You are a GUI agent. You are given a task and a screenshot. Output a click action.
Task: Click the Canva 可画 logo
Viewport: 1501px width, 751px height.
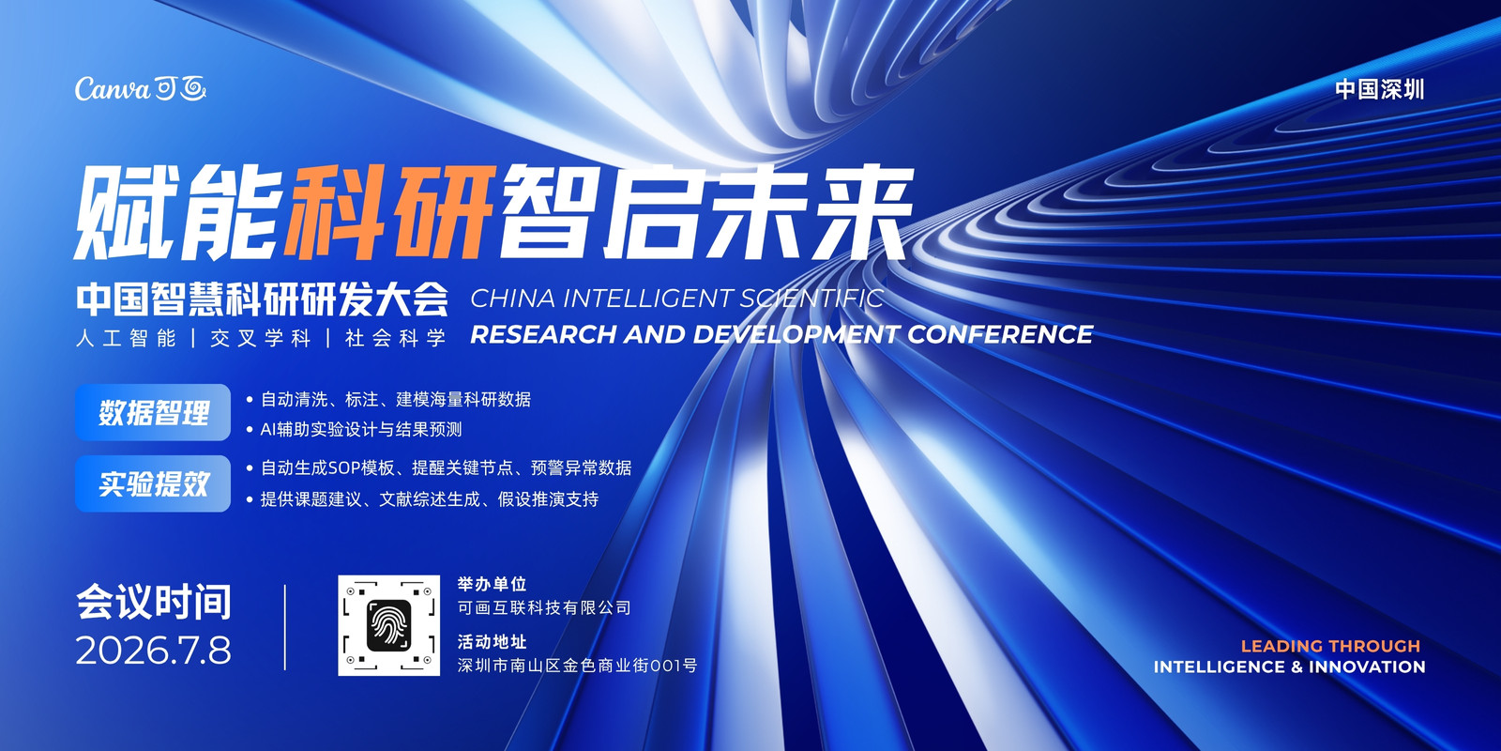click(140, 88)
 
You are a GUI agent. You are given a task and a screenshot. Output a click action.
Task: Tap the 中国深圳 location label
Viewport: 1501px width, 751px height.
click(1379, 89)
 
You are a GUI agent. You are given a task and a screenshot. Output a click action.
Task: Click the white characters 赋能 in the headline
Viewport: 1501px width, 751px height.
click(176, 212)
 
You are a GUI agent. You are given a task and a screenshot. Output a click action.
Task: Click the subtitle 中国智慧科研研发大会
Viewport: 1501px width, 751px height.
click(262, 299)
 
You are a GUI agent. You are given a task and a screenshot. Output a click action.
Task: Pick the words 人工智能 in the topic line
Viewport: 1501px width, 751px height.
click(126, 338)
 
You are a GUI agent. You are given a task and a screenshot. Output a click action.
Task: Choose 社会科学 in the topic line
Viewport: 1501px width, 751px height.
click(395, 338)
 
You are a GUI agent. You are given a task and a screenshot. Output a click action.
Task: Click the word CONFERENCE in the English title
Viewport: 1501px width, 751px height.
click(1000, 334)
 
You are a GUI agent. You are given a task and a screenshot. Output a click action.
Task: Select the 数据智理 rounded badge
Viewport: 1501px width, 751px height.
click(153, 412)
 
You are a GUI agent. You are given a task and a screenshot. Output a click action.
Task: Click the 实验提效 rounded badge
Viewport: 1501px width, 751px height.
click(153, 483)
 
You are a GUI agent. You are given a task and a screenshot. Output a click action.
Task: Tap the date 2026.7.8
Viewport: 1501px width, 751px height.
click(154, 651)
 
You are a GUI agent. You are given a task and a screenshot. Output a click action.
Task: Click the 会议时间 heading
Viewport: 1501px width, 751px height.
click(154, 602)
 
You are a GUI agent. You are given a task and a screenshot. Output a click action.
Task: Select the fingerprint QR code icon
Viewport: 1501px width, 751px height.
click(388, 625)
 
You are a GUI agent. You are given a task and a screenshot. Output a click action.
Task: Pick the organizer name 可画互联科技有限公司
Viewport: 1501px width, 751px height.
click(544, 607)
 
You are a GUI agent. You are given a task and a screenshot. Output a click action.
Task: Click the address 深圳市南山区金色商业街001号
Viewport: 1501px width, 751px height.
click(577, 666)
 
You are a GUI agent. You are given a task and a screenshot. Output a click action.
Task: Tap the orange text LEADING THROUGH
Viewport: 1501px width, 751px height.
click(1330, 646)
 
